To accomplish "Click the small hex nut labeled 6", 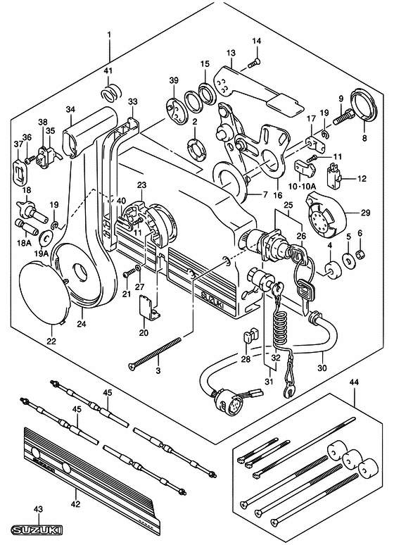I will coord(358,253).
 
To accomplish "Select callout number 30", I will coord(322,366).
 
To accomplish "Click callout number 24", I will coord(82,325).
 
